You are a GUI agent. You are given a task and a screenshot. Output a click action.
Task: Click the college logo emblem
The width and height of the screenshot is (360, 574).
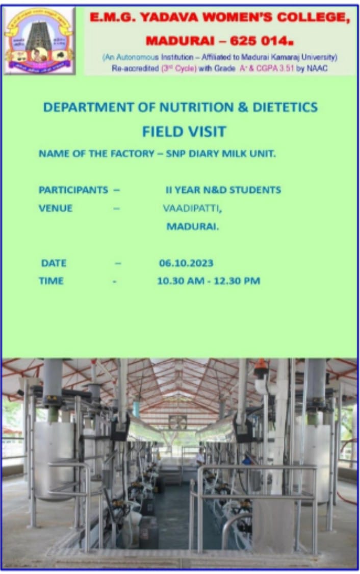coord(39,41)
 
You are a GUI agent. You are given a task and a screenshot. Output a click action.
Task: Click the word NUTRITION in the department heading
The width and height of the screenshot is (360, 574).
coord(196,107)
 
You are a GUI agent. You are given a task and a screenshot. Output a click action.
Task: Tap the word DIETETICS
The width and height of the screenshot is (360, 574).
coord(285,107)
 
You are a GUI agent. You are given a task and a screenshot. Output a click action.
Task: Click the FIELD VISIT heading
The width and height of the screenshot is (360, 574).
coord(184,132)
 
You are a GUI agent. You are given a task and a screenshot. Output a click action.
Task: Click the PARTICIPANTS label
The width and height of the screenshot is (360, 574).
coord(73,190)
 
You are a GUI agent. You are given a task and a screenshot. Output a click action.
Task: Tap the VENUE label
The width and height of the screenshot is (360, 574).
coord(56,208)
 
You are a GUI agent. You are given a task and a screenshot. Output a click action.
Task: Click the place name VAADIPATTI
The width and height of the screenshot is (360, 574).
coord(192,209)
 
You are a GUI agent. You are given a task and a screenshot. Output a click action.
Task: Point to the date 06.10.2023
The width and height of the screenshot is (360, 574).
coord(186,263)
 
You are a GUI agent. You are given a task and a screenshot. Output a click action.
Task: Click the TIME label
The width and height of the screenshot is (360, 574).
coord(51,281)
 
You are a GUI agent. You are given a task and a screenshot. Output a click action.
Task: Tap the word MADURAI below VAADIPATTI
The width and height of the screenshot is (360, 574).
coord(192,227)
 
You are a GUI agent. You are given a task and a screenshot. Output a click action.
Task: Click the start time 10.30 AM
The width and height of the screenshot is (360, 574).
coord(181,281)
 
